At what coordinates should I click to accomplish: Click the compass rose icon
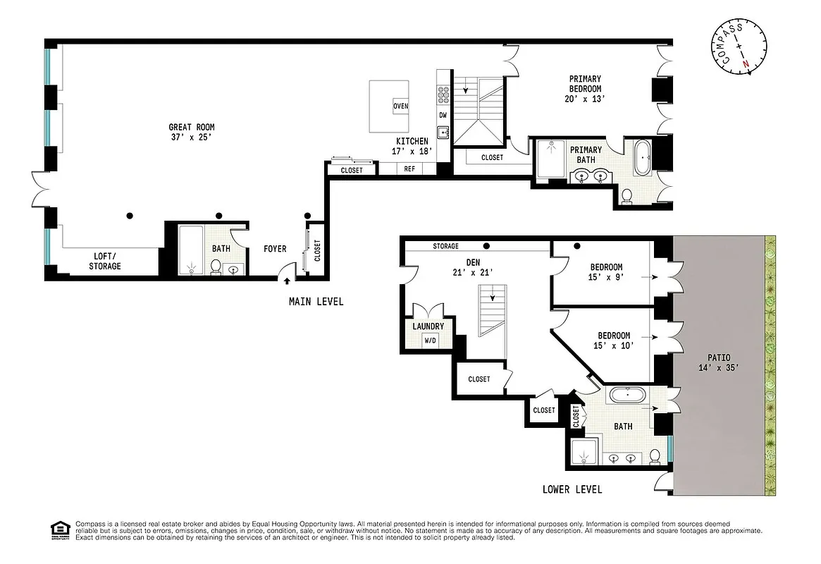(x=739, y=48)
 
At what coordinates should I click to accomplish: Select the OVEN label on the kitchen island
(x=400, y=106)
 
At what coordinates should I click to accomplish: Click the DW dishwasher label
(x=443, y=115)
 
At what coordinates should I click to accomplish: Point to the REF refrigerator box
(x=409, y=169)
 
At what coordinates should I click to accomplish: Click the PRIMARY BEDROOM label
(x=586, y=89)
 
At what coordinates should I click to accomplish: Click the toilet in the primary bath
(x=626, y=196)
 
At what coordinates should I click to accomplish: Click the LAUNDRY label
(x=428, y=326)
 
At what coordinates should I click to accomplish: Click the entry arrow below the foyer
(x=287, y=282)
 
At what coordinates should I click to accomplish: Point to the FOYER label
(x=275, y=249)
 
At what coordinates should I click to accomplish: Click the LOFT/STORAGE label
(x=104, y=261)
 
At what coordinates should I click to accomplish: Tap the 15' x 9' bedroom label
(x=605, y=272)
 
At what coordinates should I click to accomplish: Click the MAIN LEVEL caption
(x=316, y=302)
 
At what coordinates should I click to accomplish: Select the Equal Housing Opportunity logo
(x=61, y=529)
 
